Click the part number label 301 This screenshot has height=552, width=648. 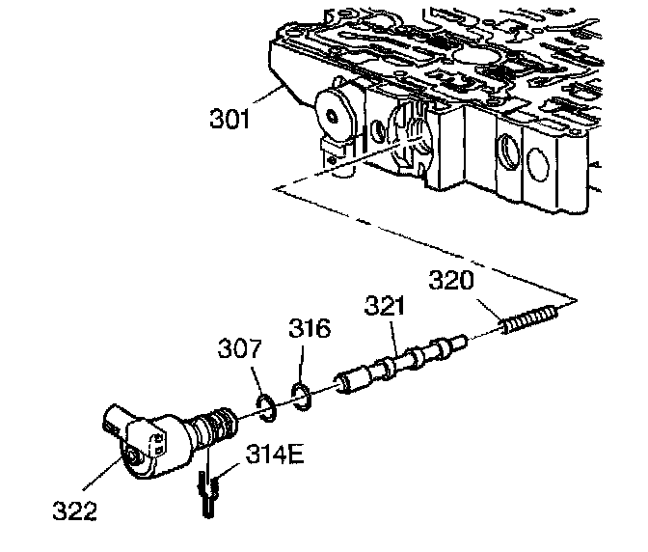[x=229, y=121]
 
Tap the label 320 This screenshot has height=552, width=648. [x=451, y=282]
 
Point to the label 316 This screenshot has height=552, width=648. [x=310, y=329]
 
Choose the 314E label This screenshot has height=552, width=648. [x=275, y=453]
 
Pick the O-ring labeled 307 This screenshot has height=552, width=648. [x=269, y=406]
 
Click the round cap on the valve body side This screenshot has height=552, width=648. [x=334, y=114]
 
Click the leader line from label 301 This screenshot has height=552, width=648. [x=269, y=100]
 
